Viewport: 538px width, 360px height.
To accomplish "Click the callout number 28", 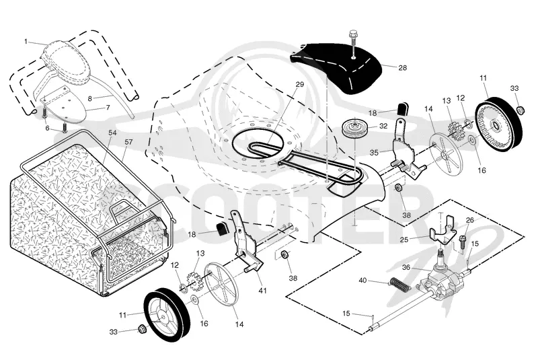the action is tap(402, 67).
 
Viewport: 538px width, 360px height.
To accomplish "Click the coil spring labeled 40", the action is tap(401, 283).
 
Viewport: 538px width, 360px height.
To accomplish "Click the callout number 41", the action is tap(262, 291).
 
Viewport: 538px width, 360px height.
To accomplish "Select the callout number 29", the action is tap(299, 84).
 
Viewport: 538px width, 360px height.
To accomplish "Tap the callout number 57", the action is tap(129, 141).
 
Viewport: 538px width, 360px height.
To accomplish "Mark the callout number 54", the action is tap(112, 133).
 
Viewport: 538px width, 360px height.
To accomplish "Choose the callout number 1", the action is tap(26, 42).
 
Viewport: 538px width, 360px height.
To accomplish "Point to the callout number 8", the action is tap(90, 98).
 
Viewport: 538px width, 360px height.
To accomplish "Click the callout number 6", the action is tap(47, 129).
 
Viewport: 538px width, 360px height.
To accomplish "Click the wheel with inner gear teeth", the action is tap(499, 124).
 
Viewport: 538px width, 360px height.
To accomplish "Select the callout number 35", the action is tap(374, 152).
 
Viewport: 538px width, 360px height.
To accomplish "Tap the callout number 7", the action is tap(108, 108).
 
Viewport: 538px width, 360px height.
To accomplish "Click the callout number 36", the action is tap(406, 267).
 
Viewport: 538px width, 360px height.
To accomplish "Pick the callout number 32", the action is tap(383, 126).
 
